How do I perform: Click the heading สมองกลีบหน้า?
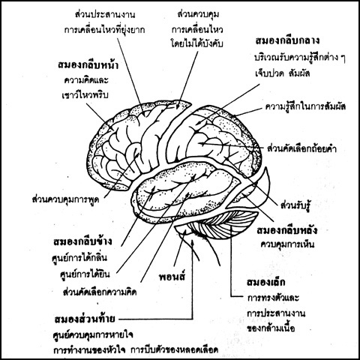pos(88,64)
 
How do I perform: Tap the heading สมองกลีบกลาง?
pos(287,40)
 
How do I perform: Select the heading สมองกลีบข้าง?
pos(82,241)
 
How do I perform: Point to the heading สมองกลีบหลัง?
pos(287,229)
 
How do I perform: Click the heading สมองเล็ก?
pos(265,282)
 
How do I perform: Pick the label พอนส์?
pos(172,276)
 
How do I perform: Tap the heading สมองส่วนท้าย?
pos(85,319)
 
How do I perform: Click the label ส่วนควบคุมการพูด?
pos(66,199)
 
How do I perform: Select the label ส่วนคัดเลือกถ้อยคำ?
pos(302,148)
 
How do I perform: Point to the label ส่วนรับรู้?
pos(295,205)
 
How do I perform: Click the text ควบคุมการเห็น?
pos(287,244)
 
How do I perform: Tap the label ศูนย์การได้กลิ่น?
pos(79,257)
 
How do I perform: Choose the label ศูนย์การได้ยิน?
pos(85,274)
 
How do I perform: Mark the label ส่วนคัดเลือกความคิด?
pos(100,292)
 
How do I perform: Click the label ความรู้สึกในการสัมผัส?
pos(305,106)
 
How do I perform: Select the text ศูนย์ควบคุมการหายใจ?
pos(93,334)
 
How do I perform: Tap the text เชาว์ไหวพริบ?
pos(85,95)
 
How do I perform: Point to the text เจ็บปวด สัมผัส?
pos(283,73)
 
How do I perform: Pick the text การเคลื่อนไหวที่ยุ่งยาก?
pos(104,30)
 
